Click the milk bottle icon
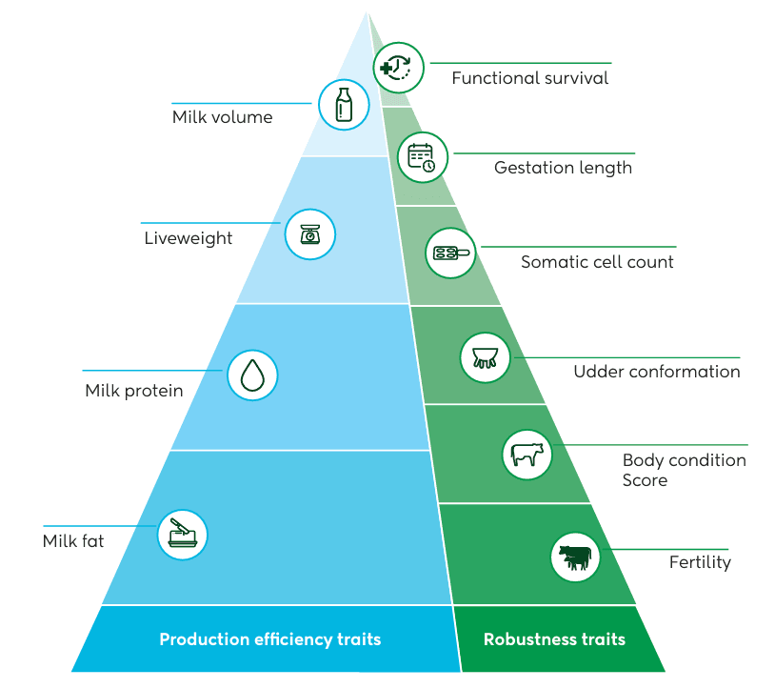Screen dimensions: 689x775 tap(343, 104)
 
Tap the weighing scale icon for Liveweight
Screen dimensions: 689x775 tap(310, 234)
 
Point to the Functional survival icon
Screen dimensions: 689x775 tap(399, 67)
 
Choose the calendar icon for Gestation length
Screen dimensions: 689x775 tap(422, 157)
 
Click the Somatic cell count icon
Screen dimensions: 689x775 tap(449, 253)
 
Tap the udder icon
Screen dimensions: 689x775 tap(486, 357)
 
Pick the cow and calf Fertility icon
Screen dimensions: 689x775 tap(575, 557)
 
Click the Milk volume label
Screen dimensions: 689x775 tap(222, 118)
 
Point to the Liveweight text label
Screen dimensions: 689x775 tap(188, 238)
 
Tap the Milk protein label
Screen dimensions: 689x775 tap(133, 391)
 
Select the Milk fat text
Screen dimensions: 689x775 tap(73, 541)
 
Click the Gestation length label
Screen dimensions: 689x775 tap(563, 168)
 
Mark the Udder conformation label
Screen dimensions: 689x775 tap(656, 372)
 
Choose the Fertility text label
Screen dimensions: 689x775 tap(700, 562)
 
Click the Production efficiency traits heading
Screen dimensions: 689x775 tap(269, 638)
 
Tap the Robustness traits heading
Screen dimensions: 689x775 tap(554, 638)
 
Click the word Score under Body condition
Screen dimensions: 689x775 tap(645, 480)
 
